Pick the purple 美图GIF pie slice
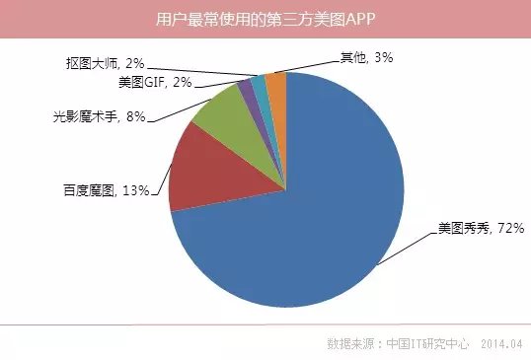click(x=247, y=94)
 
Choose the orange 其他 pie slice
click(x=277, y=86)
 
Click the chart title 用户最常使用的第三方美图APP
click(x=265, y=19)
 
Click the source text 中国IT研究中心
click(x=427, y=343)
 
